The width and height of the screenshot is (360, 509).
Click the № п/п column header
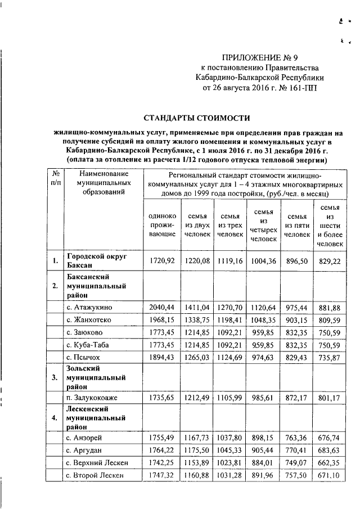tap(55, 179)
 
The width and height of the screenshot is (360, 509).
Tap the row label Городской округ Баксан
tap(93, 260)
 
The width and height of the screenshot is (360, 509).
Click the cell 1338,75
tap(196, 320)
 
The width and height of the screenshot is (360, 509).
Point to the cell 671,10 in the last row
tap(330, 475)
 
